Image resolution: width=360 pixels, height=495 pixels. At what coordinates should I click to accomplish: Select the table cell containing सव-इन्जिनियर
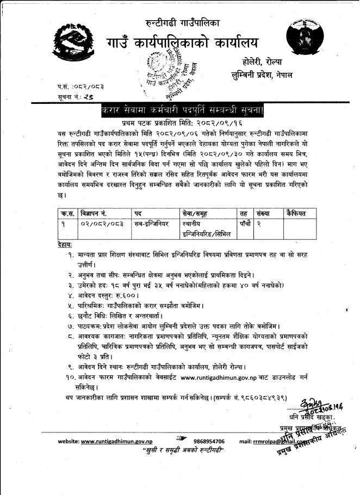pyautogui.click(x=152, y=224)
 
